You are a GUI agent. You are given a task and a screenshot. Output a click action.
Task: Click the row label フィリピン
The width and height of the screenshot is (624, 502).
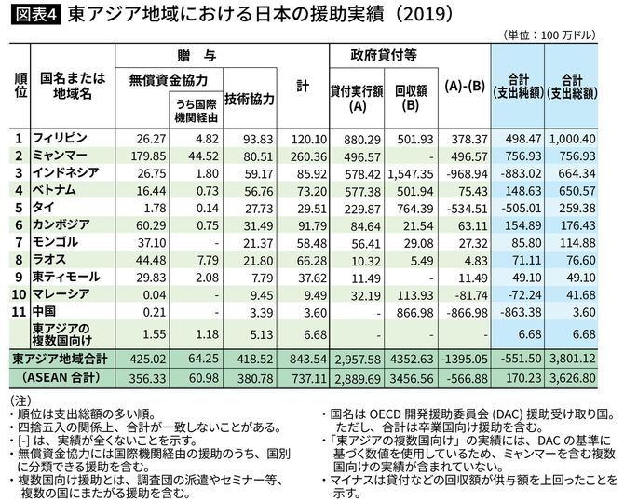[60, 139]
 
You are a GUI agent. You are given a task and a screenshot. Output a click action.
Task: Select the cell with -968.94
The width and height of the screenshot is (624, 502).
[469, 172]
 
